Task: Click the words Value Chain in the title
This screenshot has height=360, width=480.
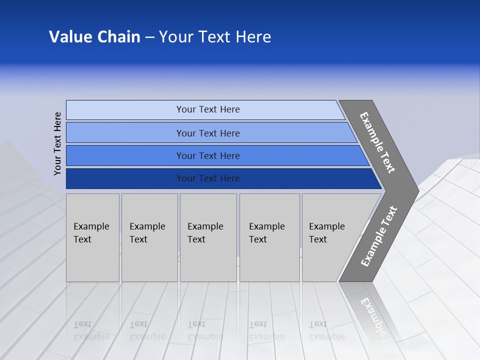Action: coord(94,36)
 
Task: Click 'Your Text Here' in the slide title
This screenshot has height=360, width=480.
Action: coord(215,36)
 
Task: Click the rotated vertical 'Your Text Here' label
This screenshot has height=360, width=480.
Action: coord(57,143)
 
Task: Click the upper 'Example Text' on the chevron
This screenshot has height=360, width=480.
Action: coord(377,142)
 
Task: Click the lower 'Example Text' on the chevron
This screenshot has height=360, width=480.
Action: coord(378,236)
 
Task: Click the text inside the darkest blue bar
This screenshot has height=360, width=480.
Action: coord(208,178)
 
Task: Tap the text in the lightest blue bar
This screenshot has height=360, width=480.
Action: coord(208,109)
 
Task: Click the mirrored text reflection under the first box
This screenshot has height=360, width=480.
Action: coord(91,330)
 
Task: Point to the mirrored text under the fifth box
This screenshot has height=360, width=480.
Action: coord(326,330)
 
